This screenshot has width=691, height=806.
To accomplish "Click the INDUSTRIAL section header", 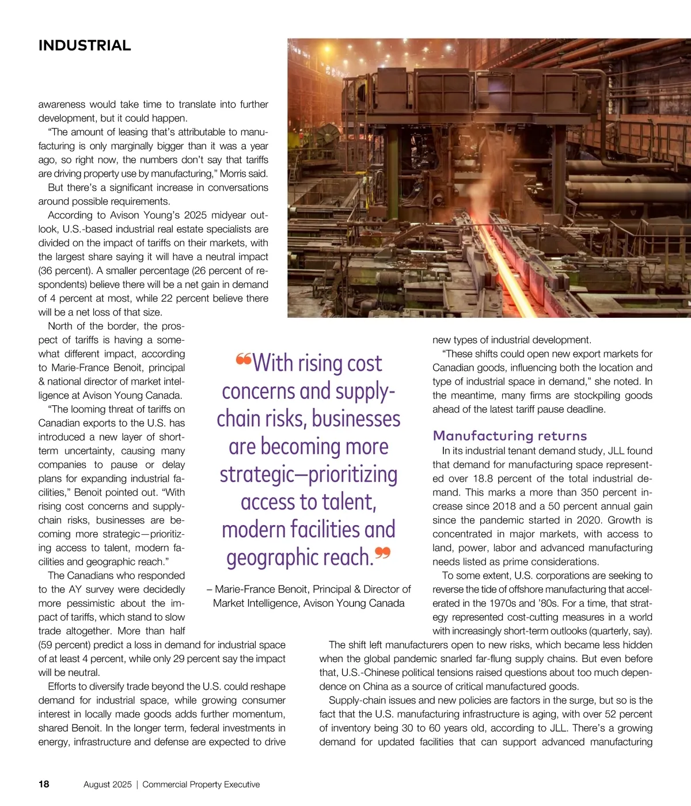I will [x=85, y=45].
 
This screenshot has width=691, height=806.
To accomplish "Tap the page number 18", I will [x=44, y=784].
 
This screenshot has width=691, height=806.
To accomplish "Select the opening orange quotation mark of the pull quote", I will [x=244, y=360].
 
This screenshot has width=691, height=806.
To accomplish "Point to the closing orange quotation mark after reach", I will [x=382, y=554].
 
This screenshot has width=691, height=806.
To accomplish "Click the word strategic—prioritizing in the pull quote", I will [x=309, y=474].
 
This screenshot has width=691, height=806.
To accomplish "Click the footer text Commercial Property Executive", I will [x=201, y=784].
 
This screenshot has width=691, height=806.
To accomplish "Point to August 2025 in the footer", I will [x=108, y=784].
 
